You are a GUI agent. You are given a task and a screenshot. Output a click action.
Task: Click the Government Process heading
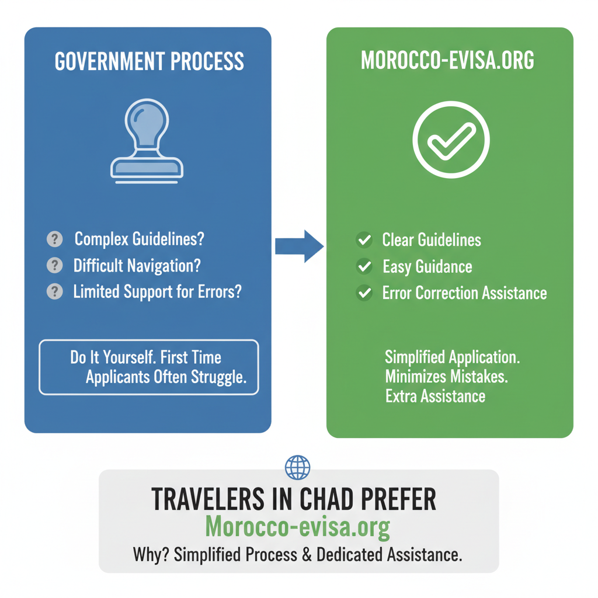pyautogui.click(x=149, y=61)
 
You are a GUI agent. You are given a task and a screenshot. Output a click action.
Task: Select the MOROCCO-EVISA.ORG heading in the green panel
pyautogui.click(x=447, y=61)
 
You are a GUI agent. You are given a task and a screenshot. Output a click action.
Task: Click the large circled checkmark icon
pyautogui.click(x=451, y=140)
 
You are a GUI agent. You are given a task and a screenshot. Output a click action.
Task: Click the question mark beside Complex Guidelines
pyautogui.click(x=54, y=239)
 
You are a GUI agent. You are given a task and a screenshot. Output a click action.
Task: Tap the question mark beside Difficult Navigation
pyautogui.click(x=54, y=265)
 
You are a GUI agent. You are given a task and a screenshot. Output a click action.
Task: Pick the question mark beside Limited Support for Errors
pyautogui.click(x=54, y=291)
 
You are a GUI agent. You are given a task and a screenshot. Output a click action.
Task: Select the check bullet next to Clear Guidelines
pyautogui.click(x=364, y=239)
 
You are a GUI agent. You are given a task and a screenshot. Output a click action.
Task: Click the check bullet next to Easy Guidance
pyautogui.click(x=364, y=266)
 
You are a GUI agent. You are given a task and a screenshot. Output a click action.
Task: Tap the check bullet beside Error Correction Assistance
pyautogui.click(x=364, y=293)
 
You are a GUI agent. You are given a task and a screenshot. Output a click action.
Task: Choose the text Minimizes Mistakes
pyautogui.click(x=446, y=377)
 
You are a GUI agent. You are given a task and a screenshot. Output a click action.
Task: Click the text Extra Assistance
pyautogui.click(x=435, y=397)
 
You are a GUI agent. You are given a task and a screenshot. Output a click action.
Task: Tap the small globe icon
pyautogui.click(x=298, y=467)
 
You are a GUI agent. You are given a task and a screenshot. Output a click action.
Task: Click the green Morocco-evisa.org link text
pyautogui.click(x=298, y=527)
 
